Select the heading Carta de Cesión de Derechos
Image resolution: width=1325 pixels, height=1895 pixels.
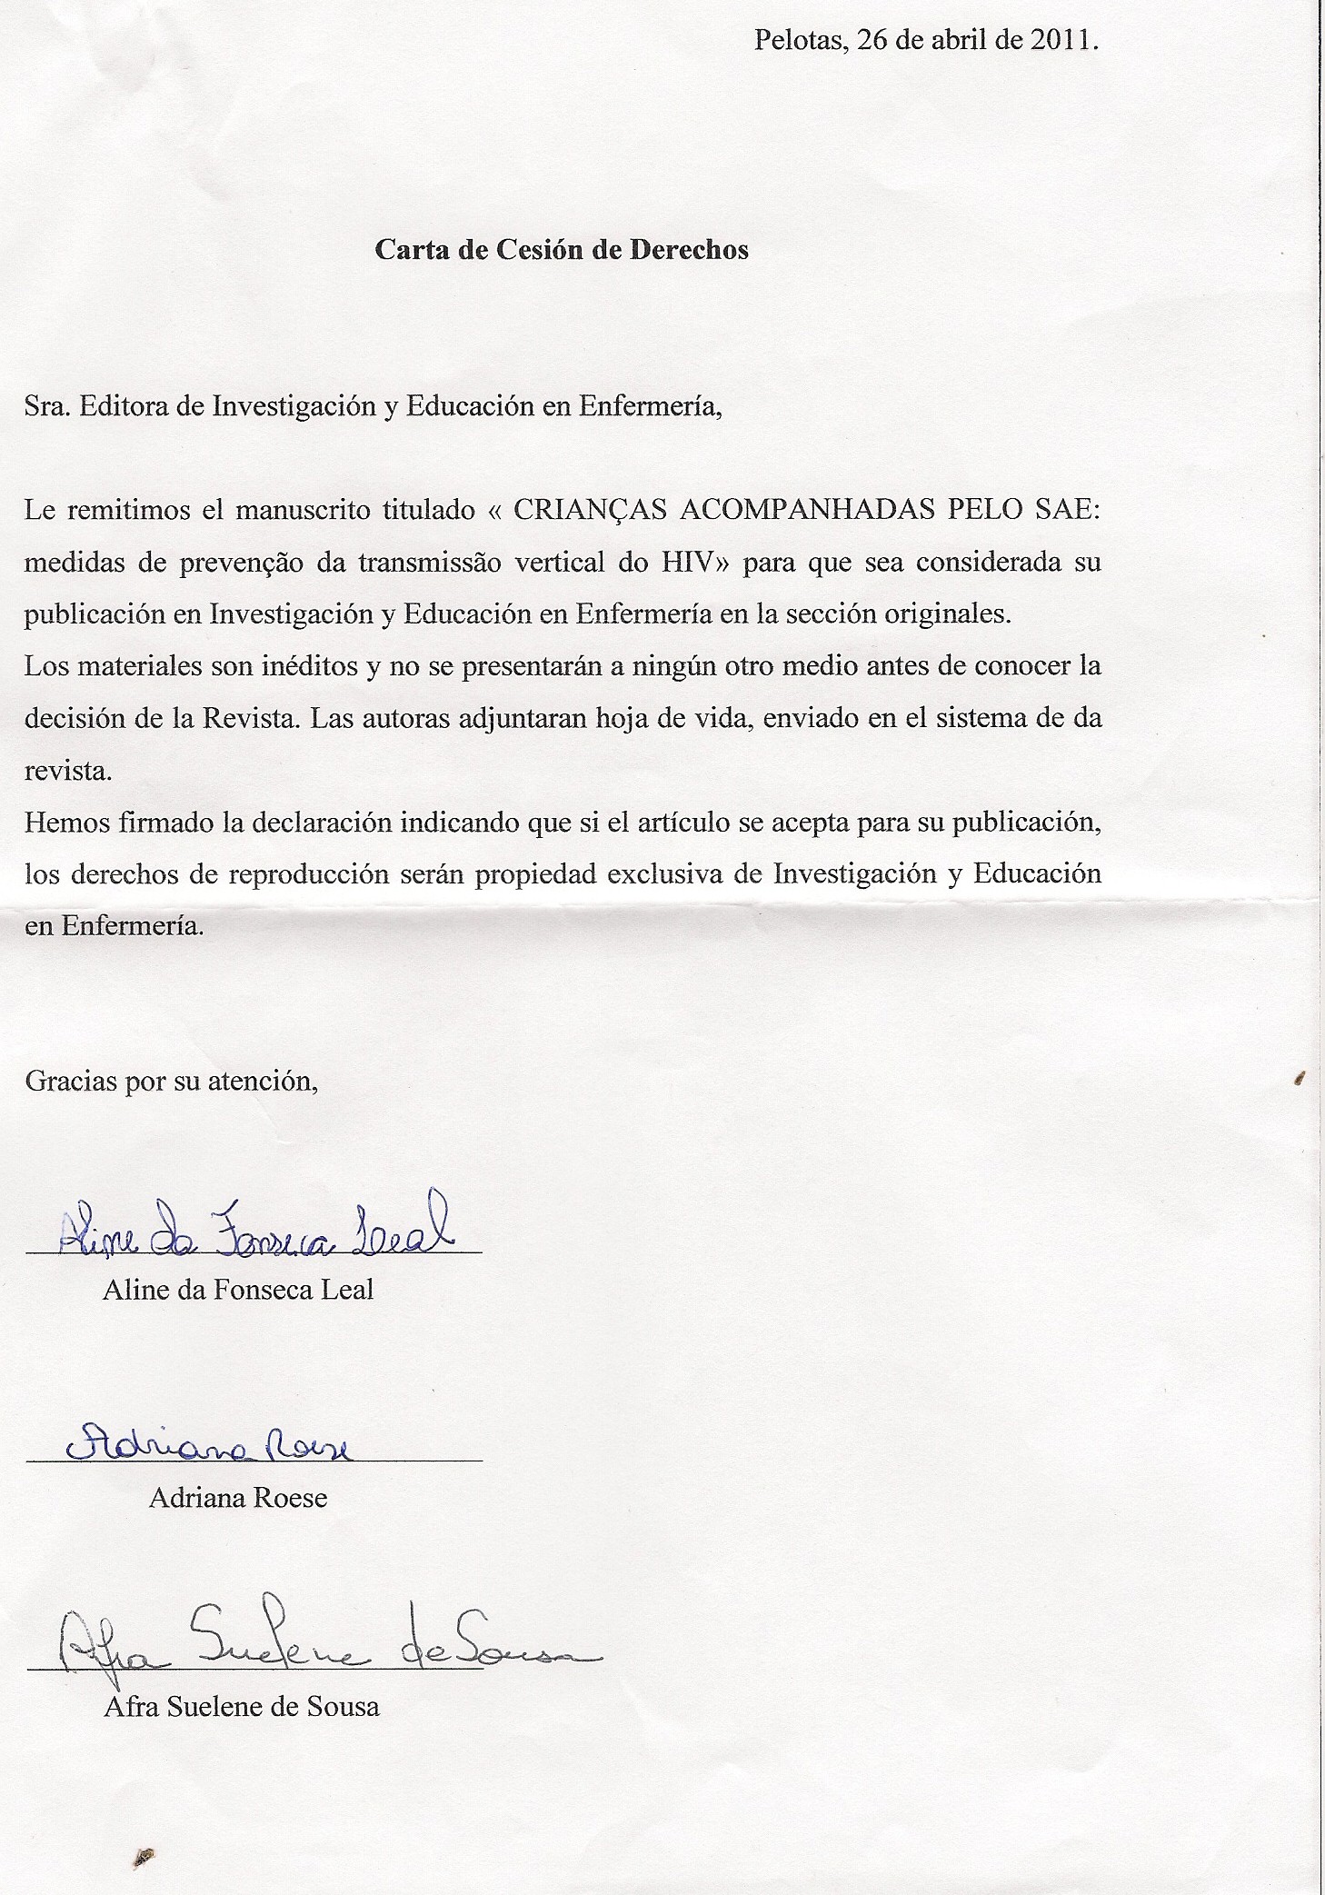(562, 250)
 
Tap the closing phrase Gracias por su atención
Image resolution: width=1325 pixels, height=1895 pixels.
(172, 1082)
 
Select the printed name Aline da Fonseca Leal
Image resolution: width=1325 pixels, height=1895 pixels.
(238, 1290)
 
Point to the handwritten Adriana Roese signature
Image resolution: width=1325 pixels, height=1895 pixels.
(209, 1444)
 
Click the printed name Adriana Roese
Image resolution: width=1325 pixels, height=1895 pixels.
(238, 1498)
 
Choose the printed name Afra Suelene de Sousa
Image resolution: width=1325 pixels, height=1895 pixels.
(242, 1706)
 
